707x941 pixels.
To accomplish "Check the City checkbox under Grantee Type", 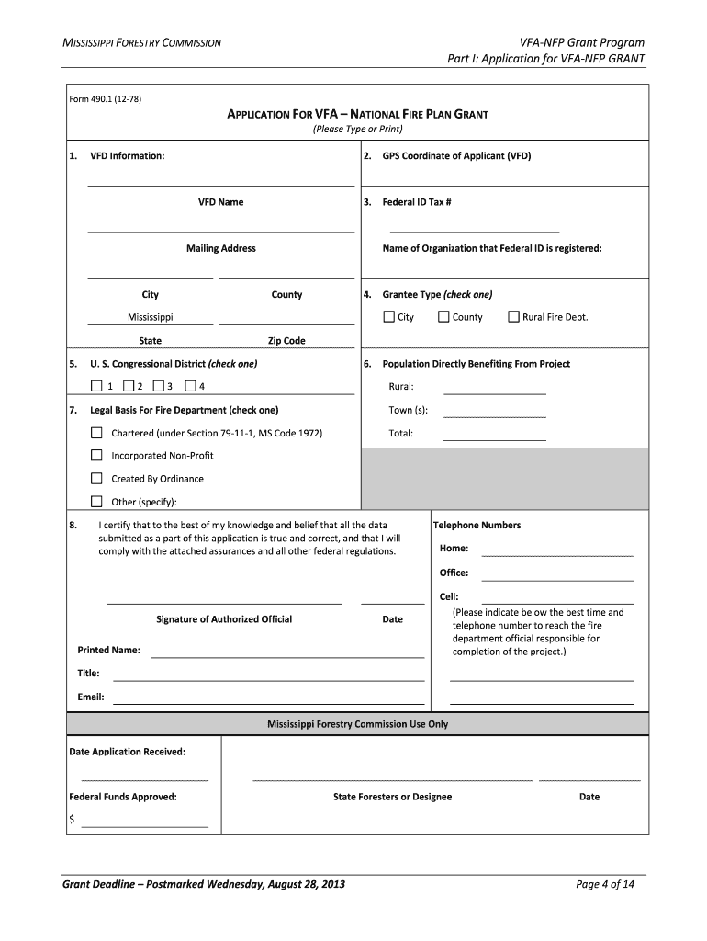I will tap(388, 317).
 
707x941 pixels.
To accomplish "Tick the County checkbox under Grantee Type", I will tap(443, 317).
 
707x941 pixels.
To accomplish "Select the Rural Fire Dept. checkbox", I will tap(513, 317).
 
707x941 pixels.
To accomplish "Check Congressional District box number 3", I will tap(159, 386).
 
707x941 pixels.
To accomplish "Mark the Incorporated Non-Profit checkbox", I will tap(96, 455).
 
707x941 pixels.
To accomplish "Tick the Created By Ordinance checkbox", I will tap(96, 479).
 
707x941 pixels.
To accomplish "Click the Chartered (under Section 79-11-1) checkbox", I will tap(96, 433).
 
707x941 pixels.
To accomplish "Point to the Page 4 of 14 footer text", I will tap(604, 885).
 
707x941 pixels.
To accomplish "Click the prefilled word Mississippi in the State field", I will tap(150, 317).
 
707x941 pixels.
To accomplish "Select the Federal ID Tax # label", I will tap(416, 202).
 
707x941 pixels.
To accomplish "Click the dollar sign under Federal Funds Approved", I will tap(72, 819).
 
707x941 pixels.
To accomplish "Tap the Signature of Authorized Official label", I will tap(224, 619).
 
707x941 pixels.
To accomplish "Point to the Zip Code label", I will tap(286, 341).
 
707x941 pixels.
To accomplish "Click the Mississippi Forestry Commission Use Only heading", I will tap(357, 724).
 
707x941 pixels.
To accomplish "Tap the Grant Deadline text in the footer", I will tap(203, 885).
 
